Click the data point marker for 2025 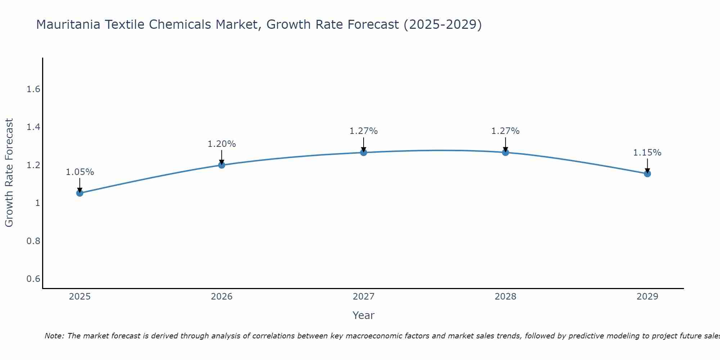pyautogui.click(x=80, y=193)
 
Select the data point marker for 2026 pyautogui.click(x=222, y=165)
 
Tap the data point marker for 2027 pyautogui.click(x=364, y=152)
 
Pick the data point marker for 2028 pyautogui.click(x=505, y=152)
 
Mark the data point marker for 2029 pyautogui.click(x=647, y=174)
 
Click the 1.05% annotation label pyautogui.click(x=80, y=172)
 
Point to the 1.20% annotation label pyautogui.click(x=222, y=144)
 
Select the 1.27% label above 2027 pyautogui.click(x=364, y=131)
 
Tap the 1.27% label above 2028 pyautogui.click(x=505, y=131)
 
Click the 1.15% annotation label pyautogui.click(x=647, y=153)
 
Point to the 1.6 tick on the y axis pyautogui.click(x=33, y=89)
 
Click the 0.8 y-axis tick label pyautogui.click(x=33, y=241)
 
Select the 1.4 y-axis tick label pyautogui.click(x=33, y=127)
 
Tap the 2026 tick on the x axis pyautogui.click(x=222, y=297)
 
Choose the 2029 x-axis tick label pyautogui.click(x=647, y=297)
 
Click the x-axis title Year pyautogui.click(x=364, y=315)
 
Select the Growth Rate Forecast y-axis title pyautogui.click(x=9, y=173)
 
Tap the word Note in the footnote pyautogui.click(x=54, y=336)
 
